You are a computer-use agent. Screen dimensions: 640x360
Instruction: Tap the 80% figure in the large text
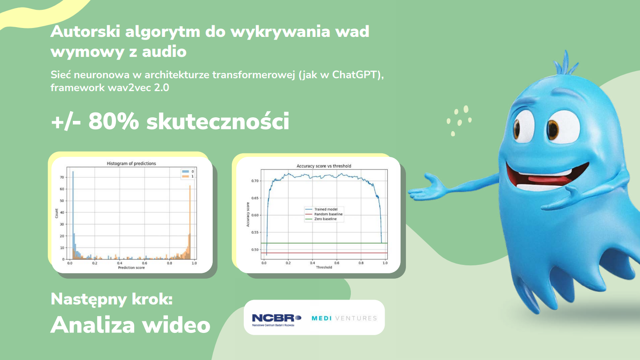pyautogui.click(x=113, y=121)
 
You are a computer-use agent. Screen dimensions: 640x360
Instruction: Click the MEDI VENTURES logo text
pyautogui.click(x=344, y=318)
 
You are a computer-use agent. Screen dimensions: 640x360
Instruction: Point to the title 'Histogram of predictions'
pyautogui.click(x=131, y=164)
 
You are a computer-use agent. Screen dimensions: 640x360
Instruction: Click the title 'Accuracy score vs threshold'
pyautogui.click(x=324, y=166)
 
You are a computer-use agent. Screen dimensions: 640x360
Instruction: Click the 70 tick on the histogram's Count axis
pyautogui.click(x=62, y=177)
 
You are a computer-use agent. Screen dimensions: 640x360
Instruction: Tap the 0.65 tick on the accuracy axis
pyautogui.click(x=254, y=198)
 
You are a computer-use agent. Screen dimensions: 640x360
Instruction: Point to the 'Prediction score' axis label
pyautogui.click(x=131, y=268)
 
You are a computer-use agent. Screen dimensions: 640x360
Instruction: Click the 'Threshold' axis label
pyautogui.click(x=324, y=268)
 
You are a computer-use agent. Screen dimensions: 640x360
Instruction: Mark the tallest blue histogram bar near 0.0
pyautogui.click(x=73, y=215)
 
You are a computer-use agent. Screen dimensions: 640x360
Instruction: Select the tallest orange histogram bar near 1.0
pyautogui.click(x=190, y=222)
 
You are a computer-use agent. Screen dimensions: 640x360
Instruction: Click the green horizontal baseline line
pyautogui.click(x=324, y=243)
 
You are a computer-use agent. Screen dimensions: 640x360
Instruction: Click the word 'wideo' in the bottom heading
pyautogui.click(x=176, y=325)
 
